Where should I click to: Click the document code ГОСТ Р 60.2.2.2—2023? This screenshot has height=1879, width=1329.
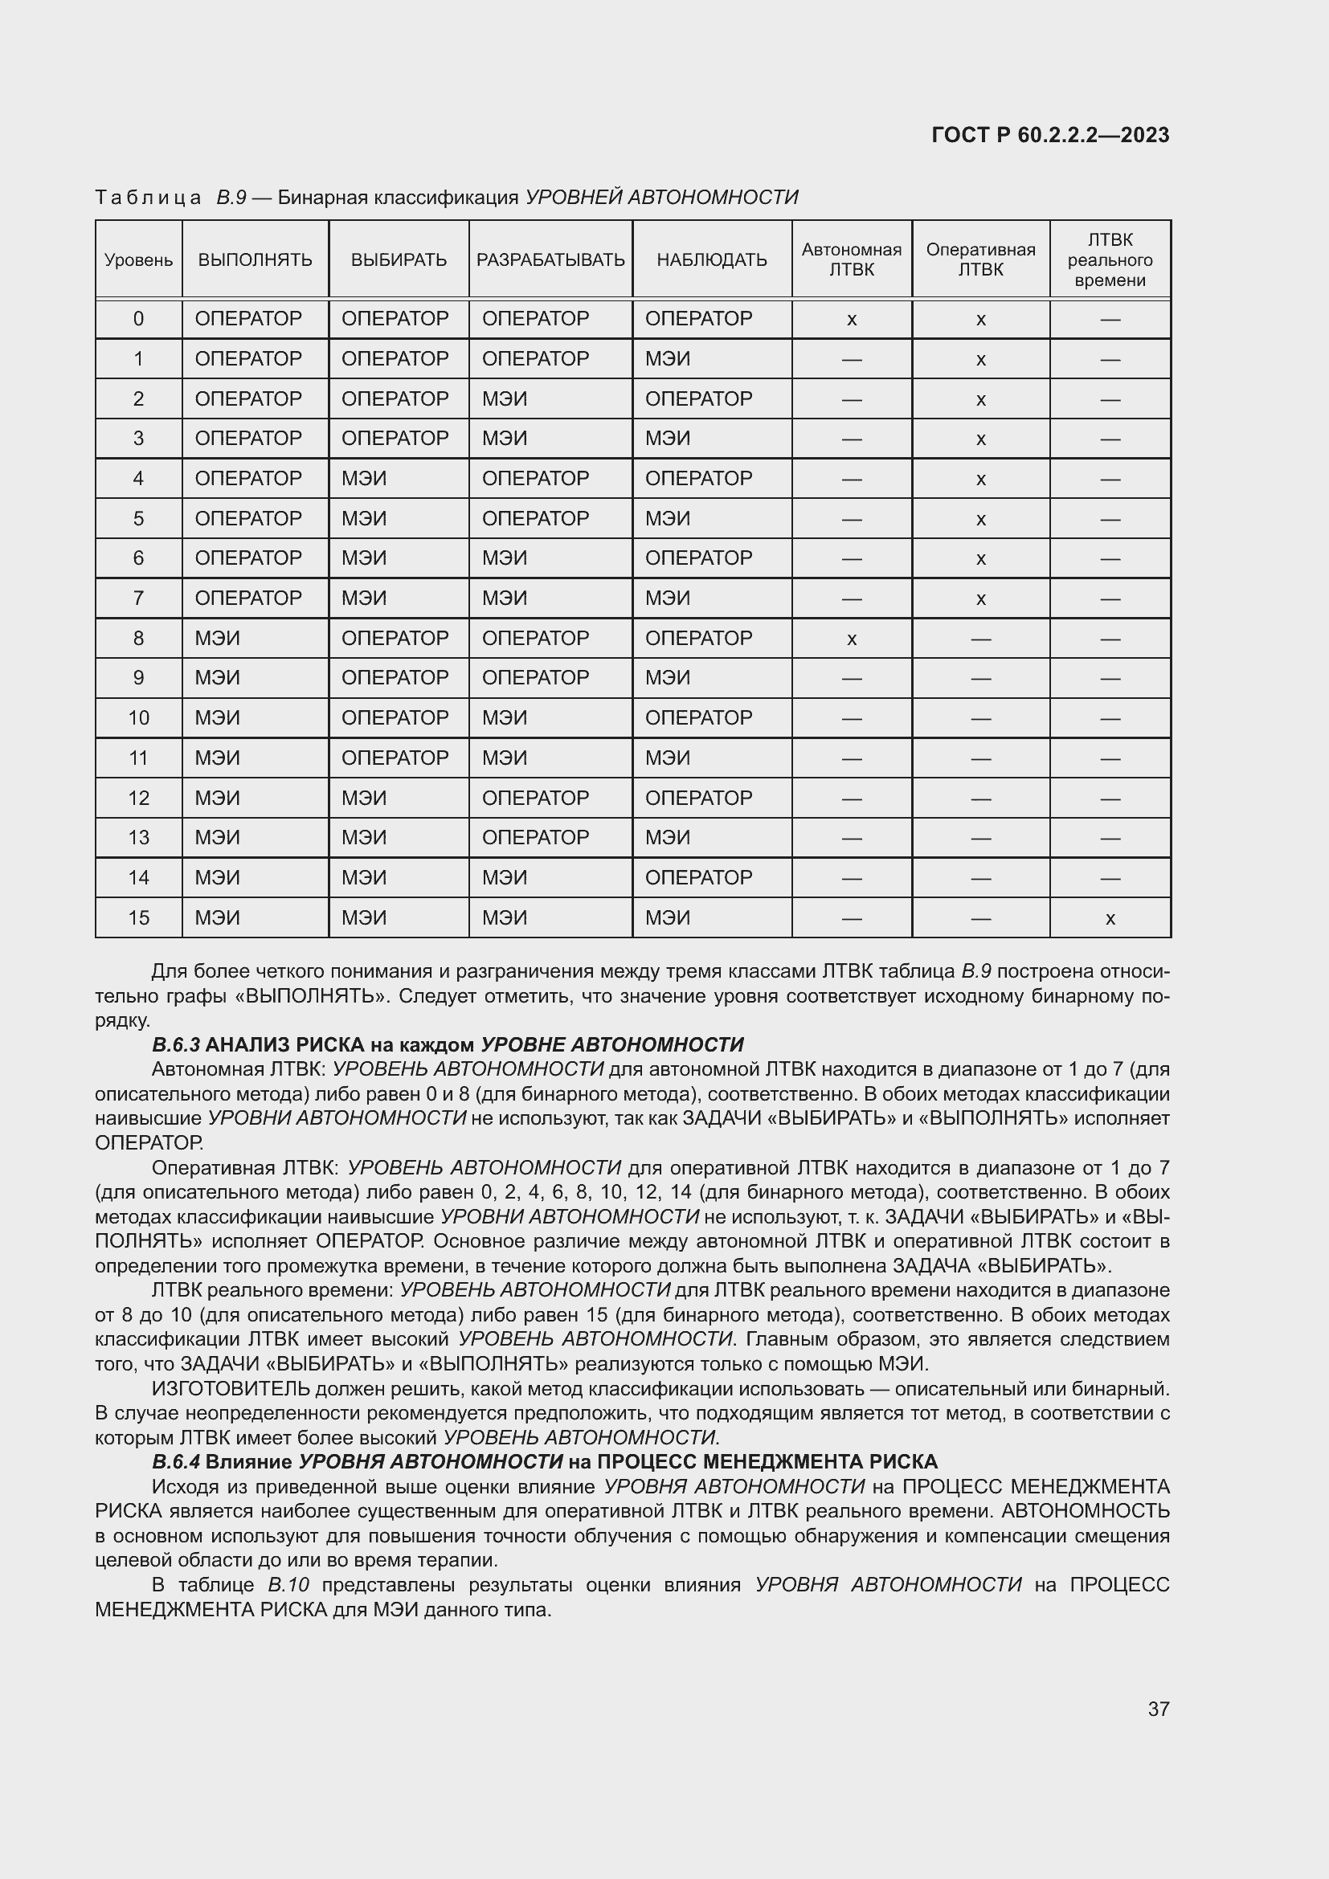pyautogui.click(x=1050, y=135)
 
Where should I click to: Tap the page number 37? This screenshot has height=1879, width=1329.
pyautogui.click(x=1158, y=1709)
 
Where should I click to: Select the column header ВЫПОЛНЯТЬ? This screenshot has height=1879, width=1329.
pyautogui.click(x=255, y=260)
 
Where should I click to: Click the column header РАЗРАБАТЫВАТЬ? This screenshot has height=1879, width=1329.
pyautogui.click(x=550, y=260)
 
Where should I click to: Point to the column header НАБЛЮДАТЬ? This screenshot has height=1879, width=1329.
pyautogui.click(x=711, y=260)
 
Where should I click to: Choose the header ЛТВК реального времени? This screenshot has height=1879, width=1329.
pyautogui.click(x=1110, y=260)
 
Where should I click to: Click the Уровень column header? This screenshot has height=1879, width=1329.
pyautogui.click(x=138, y=260)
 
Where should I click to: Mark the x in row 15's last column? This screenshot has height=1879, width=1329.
pyautogui.click(x=1110, y=919)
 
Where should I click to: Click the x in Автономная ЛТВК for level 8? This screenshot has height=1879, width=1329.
pyautogui.click(x=851, y=639)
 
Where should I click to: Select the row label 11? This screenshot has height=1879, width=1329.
pyautogui.click(x=138, y=758)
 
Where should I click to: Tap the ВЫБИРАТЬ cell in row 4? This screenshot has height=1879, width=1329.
pyautogui.click(x=363, y=478)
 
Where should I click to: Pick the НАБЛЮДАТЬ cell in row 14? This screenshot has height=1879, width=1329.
pyautogui.click(x=698, y=877)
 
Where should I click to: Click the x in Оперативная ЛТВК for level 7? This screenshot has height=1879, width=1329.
pyautogui.click(x=980, y=599)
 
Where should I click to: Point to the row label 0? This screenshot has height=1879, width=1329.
pyautogui.click(x=138, y=318)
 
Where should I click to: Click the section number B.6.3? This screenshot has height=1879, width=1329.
pyautogui.click(x=176, y=1045)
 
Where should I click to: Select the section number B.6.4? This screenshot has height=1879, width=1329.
pyautogui.click(x=176, y=1461)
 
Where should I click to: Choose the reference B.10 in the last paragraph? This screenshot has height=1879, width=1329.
pyautogui.click(x=288, y=1585)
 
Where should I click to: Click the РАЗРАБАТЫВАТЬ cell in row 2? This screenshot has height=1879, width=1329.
pyautogui.click(x=504, y=398)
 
